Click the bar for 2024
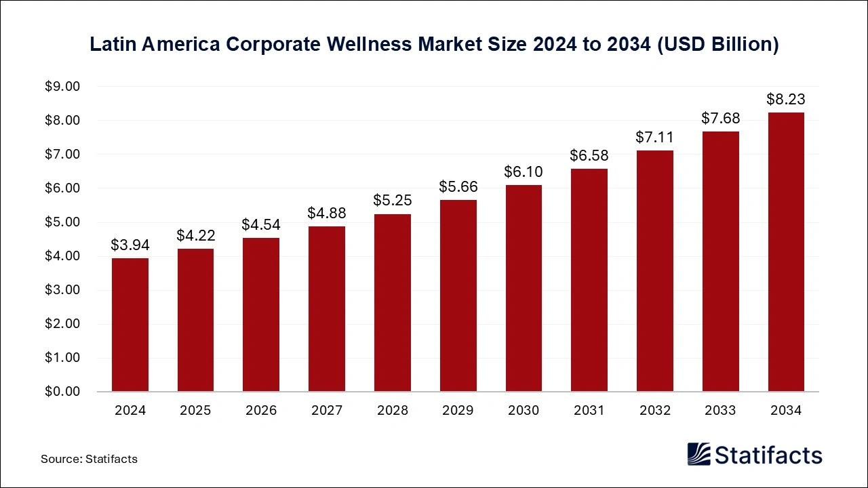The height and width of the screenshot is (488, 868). (x=130, y=325)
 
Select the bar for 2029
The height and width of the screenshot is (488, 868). (x=458, y=296)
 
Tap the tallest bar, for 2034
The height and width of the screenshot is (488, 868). (x=786, y=252)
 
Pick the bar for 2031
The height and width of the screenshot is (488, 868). (x=589, y=280)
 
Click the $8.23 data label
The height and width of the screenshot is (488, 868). (x=786, y=100)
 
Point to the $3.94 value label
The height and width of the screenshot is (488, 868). (x=130, y=245)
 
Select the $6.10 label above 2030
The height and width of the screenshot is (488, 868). (x=524, y=172)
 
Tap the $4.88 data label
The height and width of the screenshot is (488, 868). (x=327, y=213)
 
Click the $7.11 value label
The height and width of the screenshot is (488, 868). (x=654, y=138)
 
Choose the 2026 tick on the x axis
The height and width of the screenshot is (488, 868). (x=261, y=411)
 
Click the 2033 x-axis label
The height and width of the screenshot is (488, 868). (x=720, y=411)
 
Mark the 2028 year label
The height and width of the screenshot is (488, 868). (x=393, y=411)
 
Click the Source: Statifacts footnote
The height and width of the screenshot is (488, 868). (x=89, y=459)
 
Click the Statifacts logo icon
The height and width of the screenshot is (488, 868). (x=699, y=454)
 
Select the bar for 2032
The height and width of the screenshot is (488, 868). (x=654, y=271)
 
